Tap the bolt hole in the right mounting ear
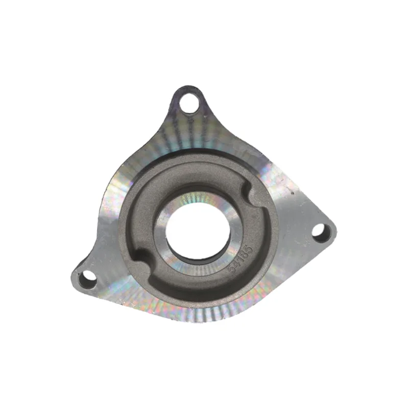coord(320,232)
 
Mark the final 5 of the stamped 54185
coord(250,250)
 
